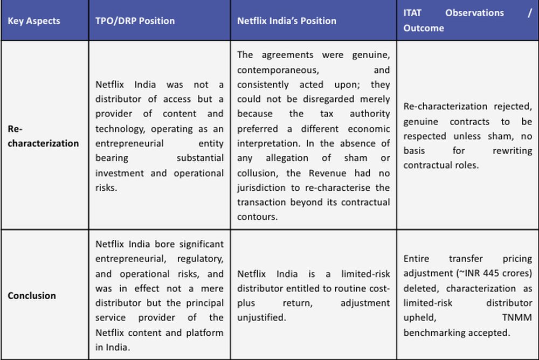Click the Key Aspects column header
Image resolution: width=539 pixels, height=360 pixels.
34,21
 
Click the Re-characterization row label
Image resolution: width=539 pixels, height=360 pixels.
43,136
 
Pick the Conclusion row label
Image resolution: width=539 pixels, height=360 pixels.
32,295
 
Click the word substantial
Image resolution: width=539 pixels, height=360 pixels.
200,158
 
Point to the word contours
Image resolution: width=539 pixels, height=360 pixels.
257,217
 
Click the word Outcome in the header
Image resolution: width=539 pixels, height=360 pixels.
424,28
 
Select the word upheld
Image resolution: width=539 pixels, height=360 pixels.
418,317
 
